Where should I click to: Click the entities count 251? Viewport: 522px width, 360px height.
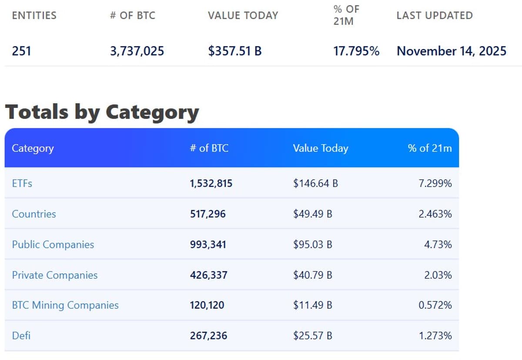point(21,51)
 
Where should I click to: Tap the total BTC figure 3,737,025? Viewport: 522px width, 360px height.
point(137,51)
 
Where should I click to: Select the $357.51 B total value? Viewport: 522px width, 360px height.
point(235,51)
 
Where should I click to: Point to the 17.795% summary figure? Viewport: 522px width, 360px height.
point(356,51)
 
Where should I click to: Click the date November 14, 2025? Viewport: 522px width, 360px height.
point(452,51)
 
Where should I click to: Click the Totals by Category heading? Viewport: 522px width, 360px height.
point(102,112)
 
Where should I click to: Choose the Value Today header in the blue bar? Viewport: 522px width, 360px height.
point(321,148)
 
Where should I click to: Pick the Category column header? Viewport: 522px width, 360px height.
point(33,148)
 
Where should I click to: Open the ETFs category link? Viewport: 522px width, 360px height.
point(22,183)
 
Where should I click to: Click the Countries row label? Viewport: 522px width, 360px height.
point(34,214)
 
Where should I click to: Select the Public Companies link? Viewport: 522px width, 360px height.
point(53,244)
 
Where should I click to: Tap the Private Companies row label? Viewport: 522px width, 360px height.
point(55,275)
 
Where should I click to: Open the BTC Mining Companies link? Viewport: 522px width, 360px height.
point(65,305)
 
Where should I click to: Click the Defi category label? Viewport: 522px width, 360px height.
point(21,336)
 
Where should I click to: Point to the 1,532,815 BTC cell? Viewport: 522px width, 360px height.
point(211,183)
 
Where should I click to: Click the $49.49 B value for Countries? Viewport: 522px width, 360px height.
point(313,214)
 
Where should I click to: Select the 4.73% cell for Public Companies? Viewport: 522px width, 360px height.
point(438,244)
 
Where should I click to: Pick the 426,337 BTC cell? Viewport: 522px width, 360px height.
point(208,275)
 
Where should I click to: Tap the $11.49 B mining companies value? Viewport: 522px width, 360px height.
point(313,305)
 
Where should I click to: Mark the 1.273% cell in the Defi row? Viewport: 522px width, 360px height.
point(435,336)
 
